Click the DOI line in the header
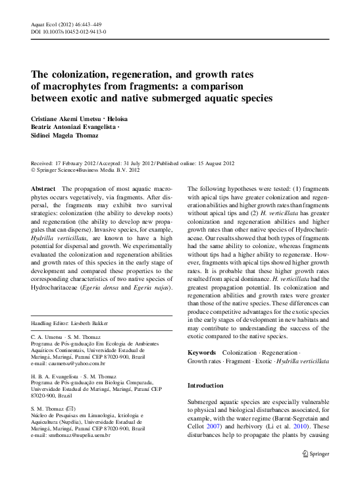click(69, 32)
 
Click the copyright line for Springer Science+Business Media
click(86, 170)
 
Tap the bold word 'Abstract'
click(43, 189)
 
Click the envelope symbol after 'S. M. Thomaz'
click(80, 409)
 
